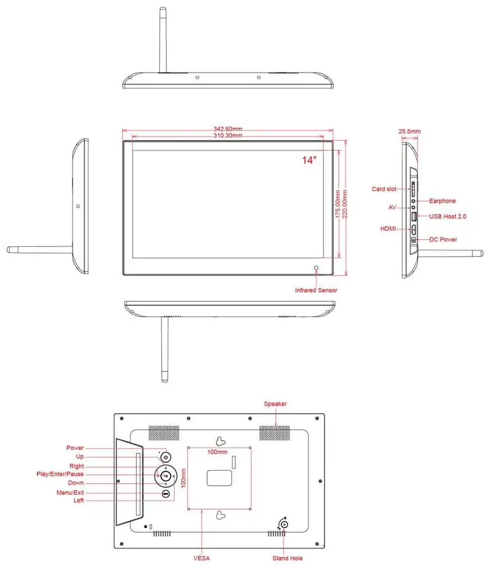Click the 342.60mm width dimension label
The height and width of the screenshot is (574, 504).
228,129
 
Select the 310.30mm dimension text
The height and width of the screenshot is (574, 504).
228,136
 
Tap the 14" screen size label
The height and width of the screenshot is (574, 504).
309,161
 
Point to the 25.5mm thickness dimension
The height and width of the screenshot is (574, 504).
409,131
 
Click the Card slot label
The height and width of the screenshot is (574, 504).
384,189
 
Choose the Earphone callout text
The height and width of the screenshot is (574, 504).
442,201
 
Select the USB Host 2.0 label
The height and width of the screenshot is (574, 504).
448,216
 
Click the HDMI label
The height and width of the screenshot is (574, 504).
389,229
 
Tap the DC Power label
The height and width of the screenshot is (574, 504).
443,239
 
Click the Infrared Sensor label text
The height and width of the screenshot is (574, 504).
316,290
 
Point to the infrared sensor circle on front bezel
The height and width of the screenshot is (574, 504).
316,268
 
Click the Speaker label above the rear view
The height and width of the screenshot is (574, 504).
275,404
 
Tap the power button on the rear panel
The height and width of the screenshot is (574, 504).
165,457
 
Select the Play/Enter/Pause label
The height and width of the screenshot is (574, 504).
60,474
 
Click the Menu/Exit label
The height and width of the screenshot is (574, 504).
70,492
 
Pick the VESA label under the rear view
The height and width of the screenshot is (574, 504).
201,558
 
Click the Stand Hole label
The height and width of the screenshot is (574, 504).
288,558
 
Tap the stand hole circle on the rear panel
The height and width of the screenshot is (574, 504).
284,524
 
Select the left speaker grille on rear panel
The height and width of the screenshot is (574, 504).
164,433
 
